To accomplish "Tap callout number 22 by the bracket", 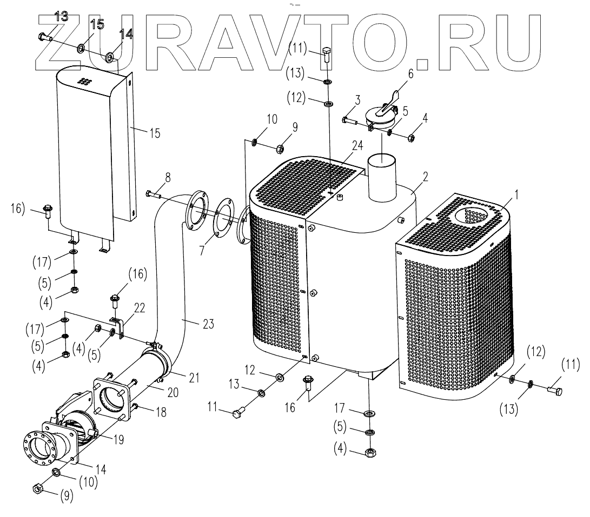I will [140, 307].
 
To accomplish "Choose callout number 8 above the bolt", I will [168, 177].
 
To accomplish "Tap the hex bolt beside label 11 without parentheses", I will [236, 414].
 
